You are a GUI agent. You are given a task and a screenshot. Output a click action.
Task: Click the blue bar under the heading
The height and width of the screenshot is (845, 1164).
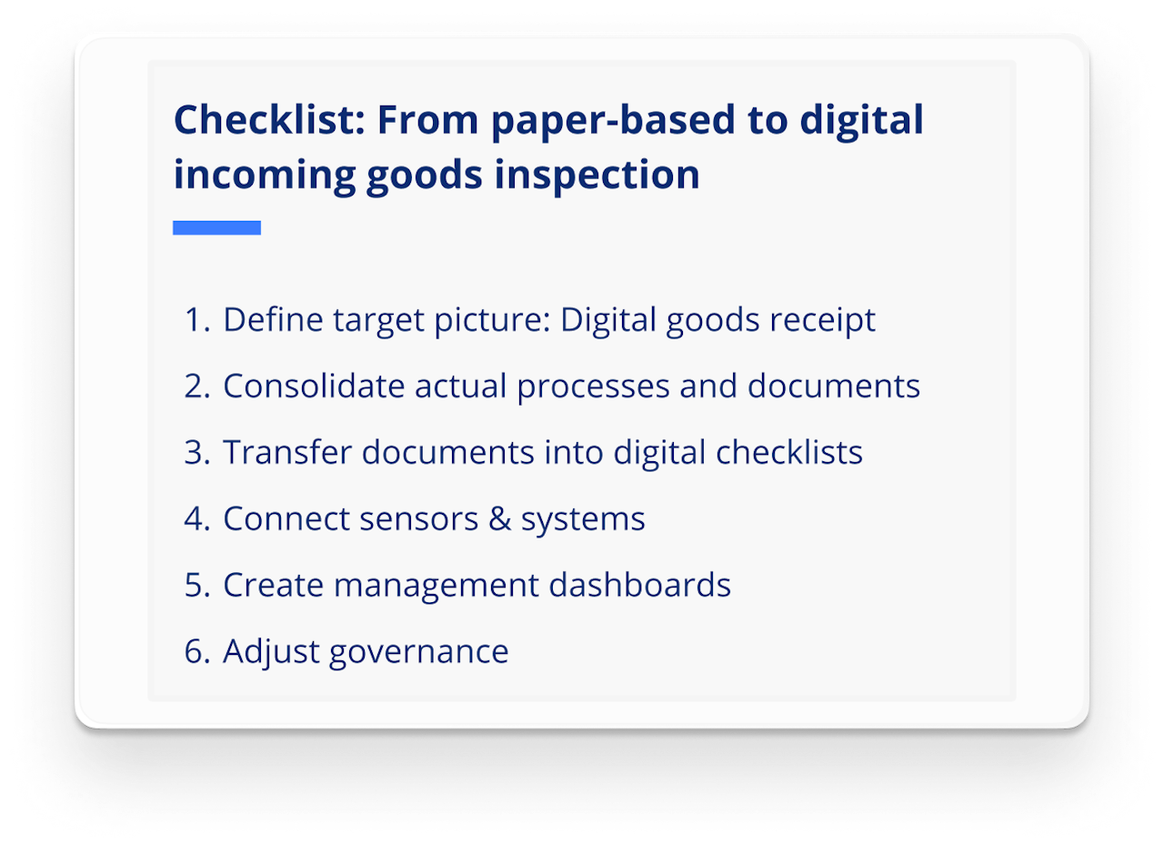(216, 228)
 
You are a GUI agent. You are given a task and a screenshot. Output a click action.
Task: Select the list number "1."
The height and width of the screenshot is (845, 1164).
(197, 320)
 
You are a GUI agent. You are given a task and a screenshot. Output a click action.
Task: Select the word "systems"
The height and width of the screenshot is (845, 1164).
(583, 518)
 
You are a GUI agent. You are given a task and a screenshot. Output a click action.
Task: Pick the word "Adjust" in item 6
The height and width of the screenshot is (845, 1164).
(271, 651)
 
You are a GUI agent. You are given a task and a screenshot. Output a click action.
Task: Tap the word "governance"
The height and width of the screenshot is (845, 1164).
(418, 651)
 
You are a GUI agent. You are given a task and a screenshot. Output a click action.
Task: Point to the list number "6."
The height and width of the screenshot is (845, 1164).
(197, 651)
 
